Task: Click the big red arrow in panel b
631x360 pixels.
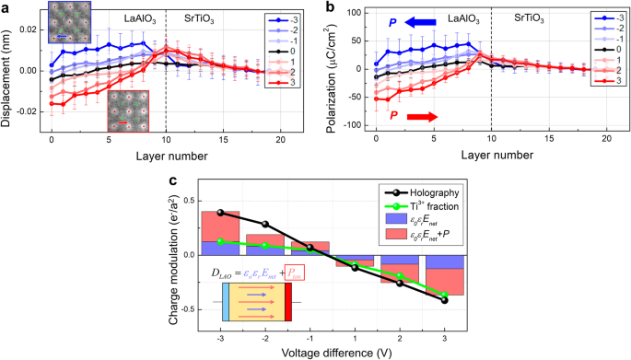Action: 426,116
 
